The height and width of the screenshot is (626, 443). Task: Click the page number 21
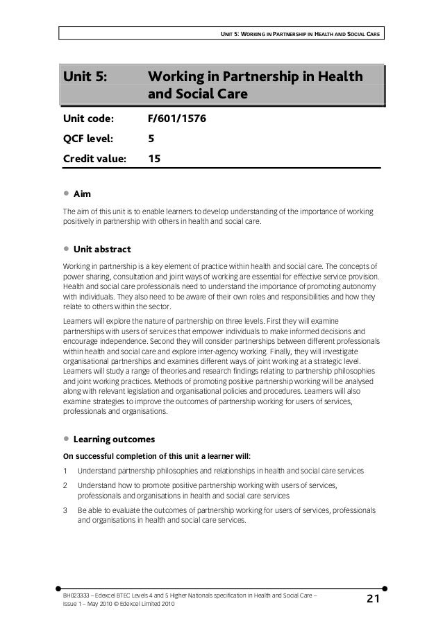[374, 598]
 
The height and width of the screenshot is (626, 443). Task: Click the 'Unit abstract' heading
[101, 249]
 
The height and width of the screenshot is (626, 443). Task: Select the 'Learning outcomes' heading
[114, 440]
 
